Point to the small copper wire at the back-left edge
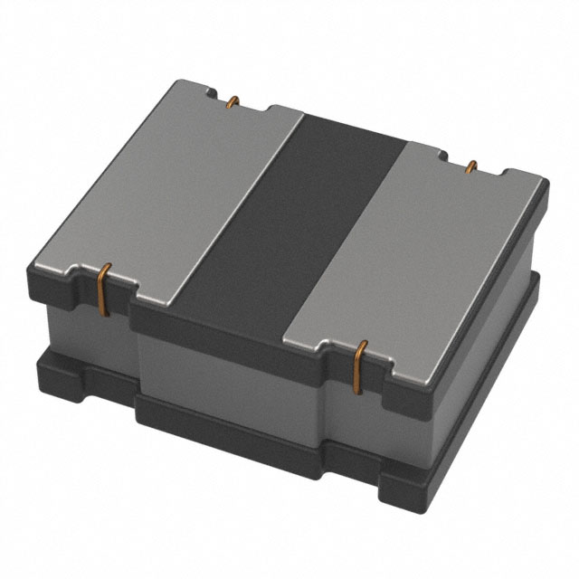pyautogui.click(x=233, y=102)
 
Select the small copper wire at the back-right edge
pyautogui.click(x=471, y=167)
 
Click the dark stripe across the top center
pyautogui.click(x=299, y=217)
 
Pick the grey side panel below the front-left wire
pyautogui.click(x=86, y=326)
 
